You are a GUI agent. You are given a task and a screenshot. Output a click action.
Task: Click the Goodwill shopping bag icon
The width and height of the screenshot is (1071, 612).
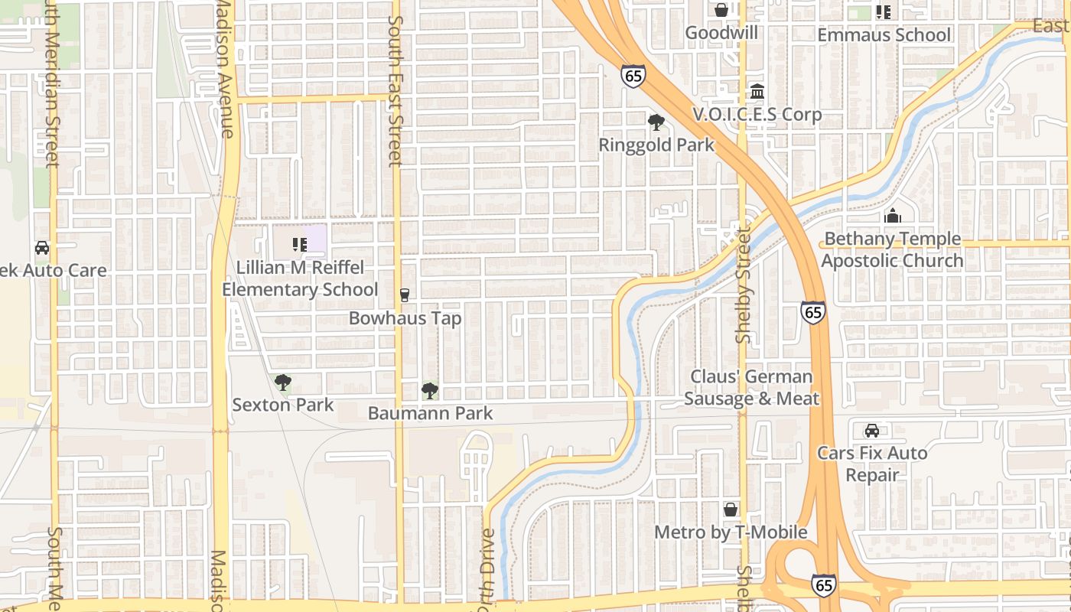point(721,10)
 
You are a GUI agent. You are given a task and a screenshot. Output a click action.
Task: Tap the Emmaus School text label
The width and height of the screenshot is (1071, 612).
point(884,35)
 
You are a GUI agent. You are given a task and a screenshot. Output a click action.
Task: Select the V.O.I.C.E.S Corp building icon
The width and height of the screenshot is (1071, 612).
point(757,92)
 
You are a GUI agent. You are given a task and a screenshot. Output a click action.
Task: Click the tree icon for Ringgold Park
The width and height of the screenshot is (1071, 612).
point(656,122)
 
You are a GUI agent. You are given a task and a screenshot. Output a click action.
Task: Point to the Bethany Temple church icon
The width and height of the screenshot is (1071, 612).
point(892,216)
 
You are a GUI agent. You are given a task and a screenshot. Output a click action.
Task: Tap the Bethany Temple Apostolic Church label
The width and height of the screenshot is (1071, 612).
point(892,249)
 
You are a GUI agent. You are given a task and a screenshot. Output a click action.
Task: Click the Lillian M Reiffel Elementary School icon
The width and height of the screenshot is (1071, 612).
point(299,245)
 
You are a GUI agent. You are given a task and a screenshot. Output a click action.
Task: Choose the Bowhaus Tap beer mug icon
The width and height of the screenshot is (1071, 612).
point(405,295)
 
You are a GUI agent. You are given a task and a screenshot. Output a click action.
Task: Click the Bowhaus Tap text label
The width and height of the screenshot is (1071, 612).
point(405,317)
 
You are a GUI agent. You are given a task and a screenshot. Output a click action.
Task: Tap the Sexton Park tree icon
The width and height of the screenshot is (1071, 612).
point(283,382)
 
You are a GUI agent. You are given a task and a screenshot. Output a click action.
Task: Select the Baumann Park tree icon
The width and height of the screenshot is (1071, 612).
point(430,391)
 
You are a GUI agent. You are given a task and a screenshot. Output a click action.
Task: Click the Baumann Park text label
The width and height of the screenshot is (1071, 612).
point(430,413)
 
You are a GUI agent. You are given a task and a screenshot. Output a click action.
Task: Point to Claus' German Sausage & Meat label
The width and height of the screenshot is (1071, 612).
point(750,387)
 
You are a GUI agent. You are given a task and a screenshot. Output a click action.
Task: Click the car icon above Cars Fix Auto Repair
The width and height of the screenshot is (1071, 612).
point(871,431)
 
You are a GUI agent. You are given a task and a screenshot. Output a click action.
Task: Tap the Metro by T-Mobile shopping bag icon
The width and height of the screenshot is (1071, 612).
point(731,509)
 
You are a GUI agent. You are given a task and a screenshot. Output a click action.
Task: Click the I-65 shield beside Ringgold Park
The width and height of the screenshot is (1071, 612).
point(633,76)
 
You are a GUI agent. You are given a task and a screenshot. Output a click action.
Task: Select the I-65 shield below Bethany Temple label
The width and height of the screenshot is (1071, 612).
point(813,311)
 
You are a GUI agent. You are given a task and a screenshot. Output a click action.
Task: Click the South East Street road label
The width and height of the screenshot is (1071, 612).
point(395,91)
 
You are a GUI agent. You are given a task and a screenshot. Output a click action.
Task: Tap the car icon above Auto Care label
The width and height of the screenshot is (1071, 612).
point(42,248)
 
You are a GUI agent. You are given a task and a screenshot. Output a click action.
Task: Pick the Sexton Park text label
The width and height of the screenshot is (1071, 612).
point(283,405)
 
